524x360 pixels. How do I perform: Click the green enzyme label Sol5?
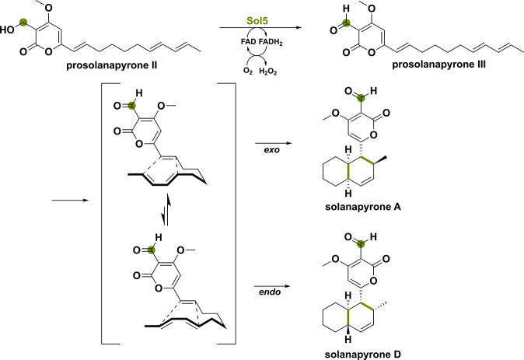point(257,21)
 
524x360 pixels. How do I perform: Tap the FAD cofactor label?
point(248,42)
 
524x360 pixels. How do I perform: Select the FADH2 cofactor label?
point(271,43)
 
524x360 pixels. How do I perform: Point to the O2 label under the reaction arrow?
point(248,71)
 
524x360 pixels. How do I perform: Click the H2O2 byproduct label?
point(268,72)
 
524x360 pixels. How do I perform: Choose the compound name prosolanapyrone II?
point(112,65)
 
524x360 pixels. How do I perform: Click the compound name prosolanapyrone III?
point(438,65)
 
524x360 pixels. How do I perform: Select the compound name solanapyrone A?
point(363,207)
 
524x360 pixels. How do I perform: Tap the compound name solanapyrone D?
point(363,354)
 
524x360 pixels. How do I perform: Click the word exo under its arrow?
point(271,150)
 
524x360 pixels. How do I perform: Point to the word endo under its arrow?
point(270,292)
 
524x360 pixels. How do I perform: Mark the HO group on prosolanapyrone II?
point(7,30)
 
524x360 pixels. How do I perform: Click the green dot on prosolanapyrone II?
point(23,23)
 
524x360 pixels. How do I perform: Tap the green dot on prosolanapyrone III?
point(347,23)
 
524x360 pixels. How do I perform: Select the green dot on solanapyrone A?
point(360,98)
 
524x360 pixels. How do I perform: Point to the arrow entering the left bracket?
point(70,201)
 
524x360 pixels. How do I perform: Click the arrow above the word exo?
point(274,143)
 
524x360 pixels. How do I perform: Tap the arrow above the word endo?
point(271,286)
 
